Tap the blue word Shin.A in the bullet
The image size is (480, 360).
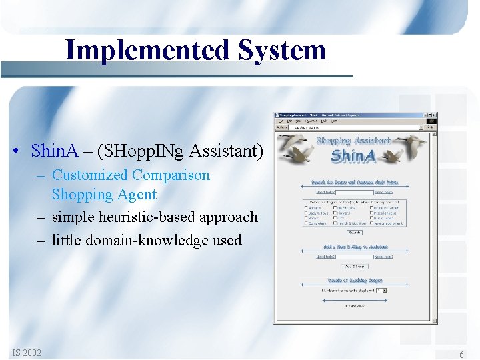pos(53,151)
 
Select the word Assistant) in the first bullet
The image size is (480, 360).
pos(226,151)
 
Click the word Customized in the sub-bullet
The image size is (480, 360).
pos(89,175)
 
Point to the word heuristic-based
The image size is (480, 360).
pos(146,217)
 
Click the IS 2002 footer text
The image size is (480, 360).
pos(27,353)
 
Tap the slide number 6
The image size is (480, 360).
pos(461,355)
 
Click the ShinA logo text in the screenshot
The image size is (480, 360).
pos(353,157)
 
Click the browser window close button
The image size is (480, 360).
pos(433,115)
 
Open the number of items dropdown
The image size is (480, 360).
pos(381,290)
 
